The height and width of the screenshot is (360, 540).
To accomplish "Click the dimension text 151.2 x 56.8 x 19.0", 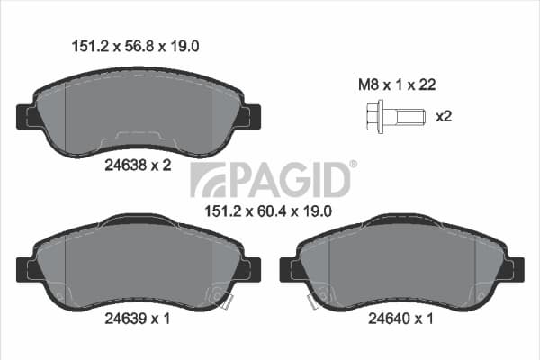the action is coord(135,46).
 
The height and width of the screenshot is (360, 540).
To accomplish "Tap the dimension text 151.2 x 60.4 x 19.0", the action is coord(268,211).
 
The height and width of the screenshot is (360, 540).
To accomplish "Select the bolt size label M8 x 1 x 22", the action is coord(397,85).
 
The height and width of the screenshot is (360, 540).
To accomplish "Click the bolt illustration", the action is coord(396,116).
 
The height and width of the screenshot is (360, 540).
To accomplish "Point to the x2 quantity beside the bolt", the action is coord(444,116).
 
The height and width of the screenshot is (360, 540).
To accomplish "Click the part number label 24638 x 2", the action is coord(138,166).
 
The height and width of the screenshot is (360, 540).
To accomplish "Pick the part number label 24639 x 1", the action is coord(138,319).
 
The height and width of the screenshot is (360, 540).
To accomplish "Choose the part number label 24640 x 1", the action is coord(400,319).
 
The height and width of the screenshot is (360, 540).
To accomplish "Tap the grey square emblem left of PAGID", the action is coord(208,180).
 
